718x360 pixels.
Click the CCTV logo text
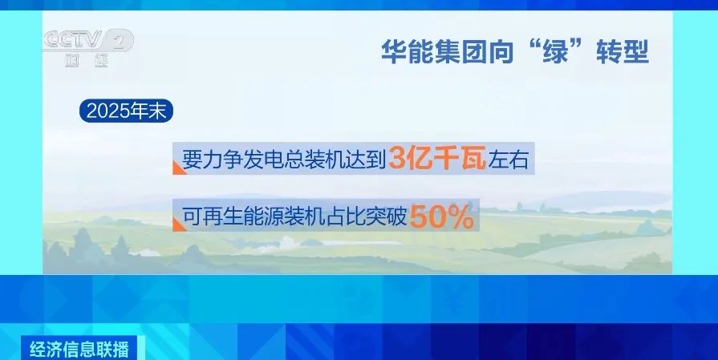point(73,40)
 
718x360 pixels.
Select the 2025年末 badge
point(127,111)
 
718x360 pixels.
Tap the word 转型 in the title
point(623,52)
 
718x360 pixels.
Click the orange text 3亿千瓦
point(437,160)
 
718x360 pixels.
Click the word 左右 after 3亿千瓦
point(509,160)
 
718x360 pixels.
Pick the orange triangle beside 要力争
point(179,168)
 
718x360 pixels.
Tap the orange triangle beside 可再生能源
point(179,224)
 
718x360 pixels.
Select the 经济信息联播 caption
point(79,350)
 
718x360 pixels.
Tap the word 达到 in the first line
point(367,160)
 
